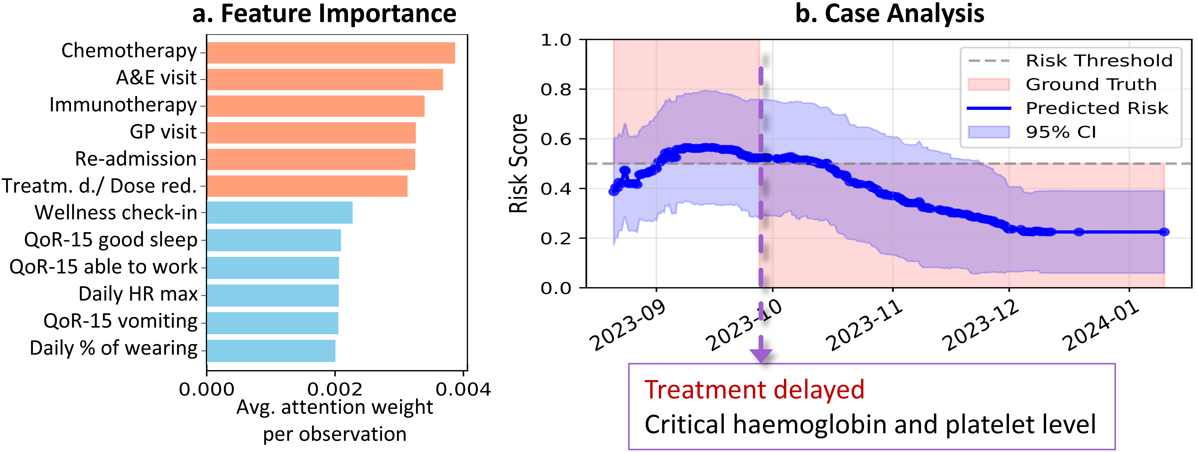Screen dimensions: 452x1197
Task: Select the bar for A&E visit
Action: click(324, 80)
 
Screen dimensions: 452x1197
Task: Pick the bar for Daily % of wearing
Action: click(271, 351)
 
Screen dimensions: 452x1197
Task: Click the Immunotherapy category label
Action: click(123, 105)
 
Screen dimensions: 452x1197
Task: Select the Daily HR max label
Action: click(138, 294)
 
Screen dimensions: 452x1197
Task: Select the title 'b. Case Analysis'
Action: click(889, 13)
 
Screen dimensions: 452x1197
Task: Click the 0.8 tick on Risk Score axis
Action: click(556, 89)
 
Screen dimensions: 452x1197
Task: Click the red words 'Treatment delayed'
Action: click(754, 390)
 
